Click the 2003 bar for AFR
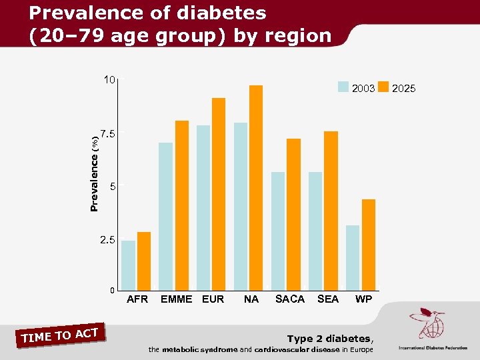coord(128,265)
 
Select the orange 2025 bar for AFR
coord(143,261)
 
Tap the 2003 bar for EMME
coord(165,216)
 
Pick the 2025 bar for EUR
coord(219,194)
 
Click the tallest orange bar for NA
coord(256,187)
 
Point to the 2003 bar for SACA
coord(278,231)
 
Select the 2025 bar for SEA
coord(331,211)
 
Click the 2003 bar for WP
coord(353,257)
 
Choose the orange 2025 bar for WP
coord(368,245)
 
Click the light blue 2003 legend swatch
coord(343,87)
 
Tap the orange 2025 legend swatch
coord(383,87)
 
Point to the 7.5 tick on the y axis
coord(107,133)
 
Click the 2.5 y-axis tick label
coord(107,239)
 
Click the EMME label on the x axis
coord(176,299)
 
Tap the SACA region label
coord(289,299)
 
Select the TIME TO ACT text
coord(60,335)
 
